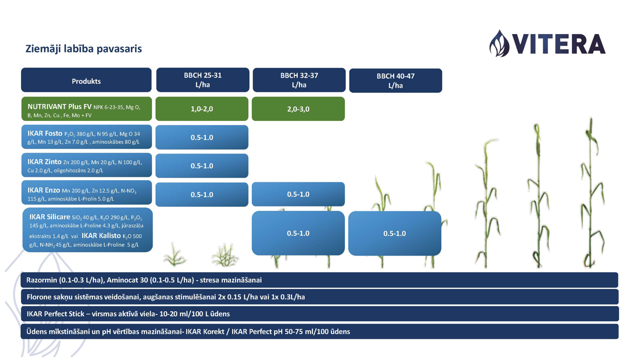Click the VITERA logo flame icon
pyautogui.click(x=499, y=43)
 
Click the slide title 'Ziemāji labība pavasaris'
pyautogui.click(x=84, y=49)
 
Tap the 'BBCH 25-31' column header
pyautogui.click(x=203, y=80)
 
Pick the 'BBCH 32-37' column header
pyautogui.click(x=299, y=80)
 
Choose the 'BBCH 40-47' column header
pyautogui.click(x=396, y=81)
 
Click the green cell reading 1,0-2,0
pyautogui.click(x=202, y=109)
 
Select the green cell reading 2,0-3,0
pyautogui.click(x=298, y=109)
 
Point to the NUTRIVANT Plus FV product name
pyautogui.click(x=59, y=106)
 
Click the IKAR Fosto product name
pyautogui.click(x=45, y=134)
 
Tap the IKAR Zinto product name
pyautogui.click(x=44, y=162)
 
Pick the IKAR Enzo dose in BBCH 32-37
pyautogui.click(x=298, y=194)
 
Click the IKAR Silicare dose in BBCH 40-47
pyautogui.click(x=395, y=233)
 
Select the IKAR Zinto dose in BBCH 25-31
pyautogui.click(x=202, y=166)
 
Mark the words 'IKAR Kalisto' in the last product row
pyautogui.click(x=101, y=236)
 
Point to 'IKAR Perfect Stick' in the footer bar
pyautogui.click(x=55, y=314)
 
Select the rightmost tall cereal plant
pyautogui.click(x=592, y=192)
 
